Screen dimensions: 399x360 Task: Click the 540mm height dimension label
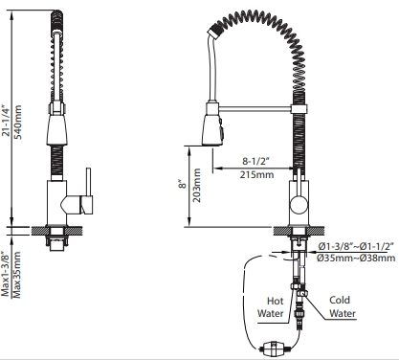18,122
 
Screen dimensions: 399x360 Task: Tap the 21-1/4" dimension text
6,120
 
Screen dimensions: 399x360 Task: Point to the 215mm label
256,174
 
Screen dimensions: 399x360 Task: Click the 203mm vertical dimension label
197,185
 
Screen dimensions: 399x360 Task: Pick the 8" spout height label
182,185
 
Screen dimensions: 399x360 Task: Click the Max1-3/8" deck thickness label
6,274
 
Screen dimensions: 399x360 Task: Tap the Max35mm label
16,275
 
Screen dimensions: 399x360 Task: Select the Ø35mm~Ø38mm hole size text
356,258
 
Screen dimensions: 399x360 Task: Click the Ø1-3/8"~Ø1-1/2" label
356,246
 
